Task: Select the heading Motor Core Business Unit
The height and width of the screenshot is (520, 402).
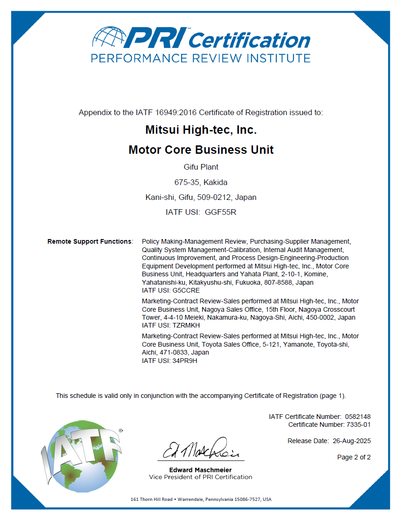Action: coord(201,150)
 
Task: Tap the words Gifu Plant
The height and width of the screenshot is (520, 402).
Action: coord(201,167)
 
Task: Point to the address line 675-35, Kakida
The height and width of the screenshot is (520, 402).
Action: coord(201,182)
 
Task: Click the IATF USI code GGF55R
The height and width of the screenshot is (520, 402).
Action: coord(224,212)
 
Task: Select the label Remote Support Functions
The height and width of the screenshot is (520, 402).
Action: coord(90,241)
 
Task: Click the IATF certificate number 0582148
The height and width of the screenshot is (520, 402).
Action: coord(358,417)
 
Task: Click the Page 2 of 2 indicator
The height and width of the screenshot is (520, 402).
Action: coord(354,457)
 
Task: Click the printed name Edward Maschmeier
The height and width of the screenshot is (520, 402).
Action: coord(200,470)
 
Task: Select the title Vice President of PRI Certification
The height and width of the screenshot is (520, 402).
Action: coord(200,477)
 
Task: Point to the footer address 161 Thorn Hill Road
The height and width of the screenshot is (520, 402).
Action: coord(201,499)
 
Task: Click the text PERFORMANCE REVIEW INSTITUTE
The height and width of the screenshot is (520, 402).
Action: coord(200,58)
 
